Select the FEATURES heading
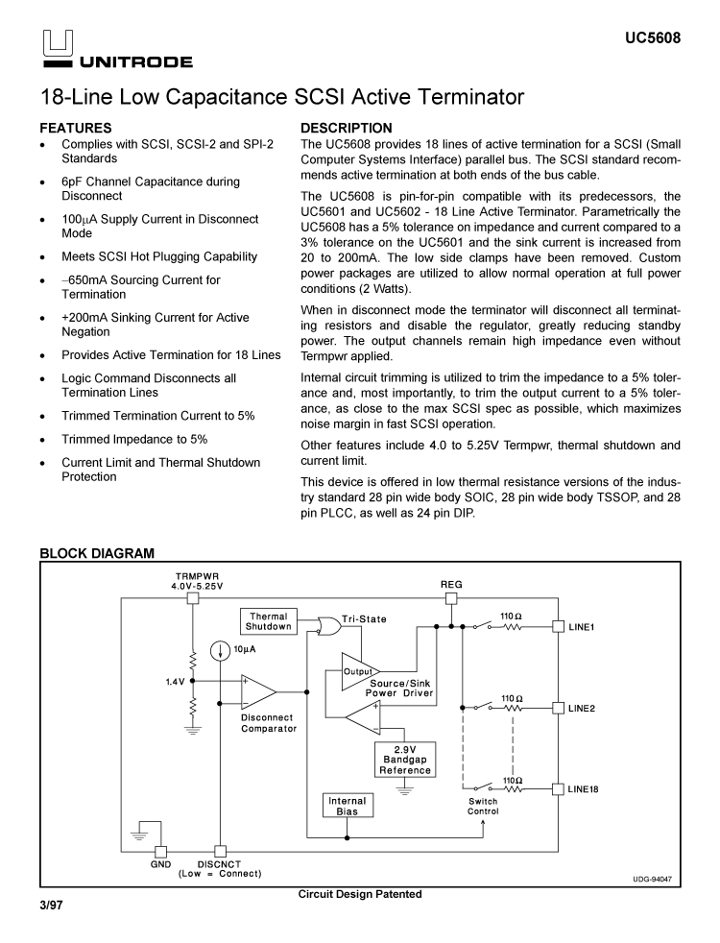pos(76,128)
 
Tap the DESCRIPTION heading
pos(347,128)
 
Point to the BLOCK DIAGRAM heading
pos(96,553)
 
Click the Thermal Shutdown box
pos(269,621)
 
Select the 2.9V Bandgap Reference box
pos(404,760)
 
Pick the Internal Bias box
pos(347,807)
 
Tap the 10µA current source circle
pos(222,650)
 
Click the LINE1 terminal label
pos(582,627)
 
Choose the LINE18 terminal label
pos(584,789)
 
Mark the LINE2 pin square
pos(557,708)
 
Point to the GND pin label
pos(160,863)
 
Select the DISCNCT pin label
pos(219,863)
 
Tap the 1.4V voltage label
pos(174,682)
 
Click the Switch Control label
pos(483,807)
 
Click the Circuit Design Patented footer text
pos(360,895)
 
